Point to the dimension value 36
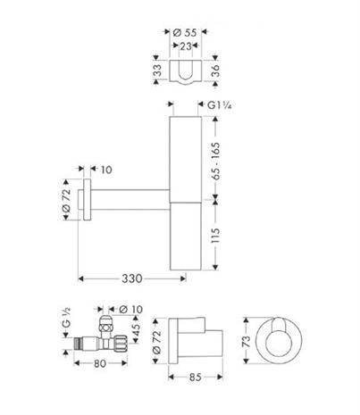click(x=214, y=71)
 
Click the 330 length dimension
click(x=132, y=279)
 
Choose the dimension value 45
click(x=137, y=332)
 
